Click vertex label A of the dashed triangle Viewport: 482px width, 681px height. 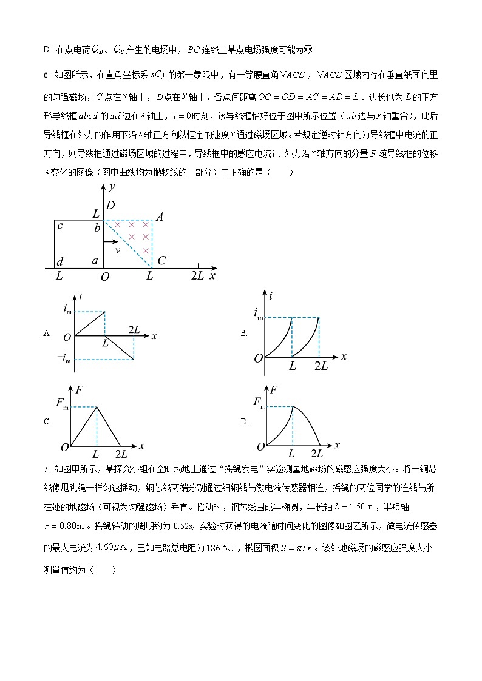[160, 217]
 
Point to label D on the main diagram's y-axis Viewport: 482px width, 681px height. [110, 206]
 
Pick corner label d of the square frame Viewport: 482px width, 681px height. [59, 261]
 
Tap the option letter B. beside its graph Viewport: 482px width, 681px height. [244, 333]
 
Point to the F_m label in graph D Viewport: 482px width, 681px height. [259, 403]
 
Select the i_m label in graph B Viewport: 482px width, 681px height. [259, 314]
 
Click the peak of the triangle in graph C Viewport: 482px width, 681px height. [97, 407]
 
